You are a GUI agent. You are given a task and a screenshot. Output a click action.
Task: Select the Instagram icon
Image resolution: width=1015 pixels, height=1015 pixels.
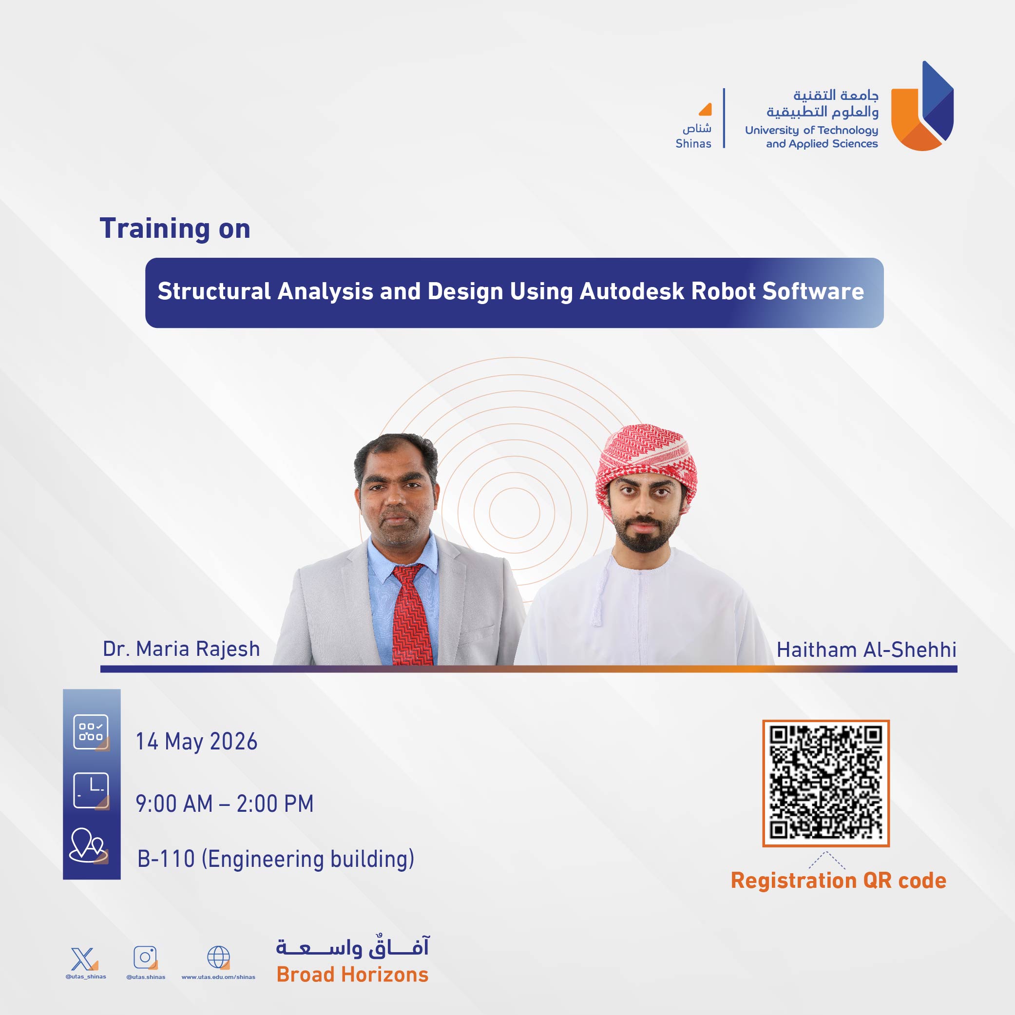[146, 957]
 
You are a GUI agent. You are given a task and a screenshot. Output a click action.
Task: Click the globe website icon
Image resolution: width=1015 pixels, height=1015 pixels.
[219, 957]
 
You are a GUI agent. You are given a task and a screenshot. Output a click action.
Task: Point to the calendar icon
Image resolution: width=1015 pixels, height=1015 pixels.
[91, 732]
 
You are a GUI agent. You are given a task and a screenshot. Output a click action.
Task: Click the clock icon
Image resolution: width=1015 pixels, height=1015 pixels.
[91, 791]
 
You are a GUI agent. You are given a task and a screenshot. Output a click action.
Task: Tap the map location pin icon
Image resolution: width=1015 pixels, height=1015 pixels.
[89, 846]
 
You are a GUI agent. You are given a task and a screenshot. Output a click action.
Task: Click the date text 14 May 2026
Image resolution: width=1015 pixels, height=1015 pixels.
[196, 741]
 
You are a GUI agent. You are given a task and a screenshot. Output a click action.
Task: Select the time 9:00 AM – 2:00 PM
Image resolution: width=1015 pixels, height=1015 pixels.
[224, 804]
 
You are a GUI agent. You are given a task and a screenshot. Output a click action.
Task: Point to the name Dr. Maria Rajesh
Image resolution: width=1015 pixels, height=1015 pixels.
[181, 649]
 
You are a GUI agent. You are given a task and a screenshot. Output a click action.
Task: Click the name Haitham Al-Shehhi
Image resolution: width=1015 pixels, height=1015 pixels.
[866, 650]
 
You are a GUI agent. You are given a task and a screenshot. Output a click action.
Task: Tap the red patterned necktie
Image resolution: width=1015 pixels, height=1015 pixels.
[413, 614]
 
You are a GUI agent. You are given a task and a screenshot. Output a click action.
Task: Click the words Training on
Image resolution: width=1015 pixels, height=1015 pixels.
[175, 229]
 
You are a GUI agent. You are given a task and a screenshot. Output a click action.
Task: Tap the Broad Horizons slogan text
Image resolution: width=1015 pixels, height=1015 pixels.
[352, 975]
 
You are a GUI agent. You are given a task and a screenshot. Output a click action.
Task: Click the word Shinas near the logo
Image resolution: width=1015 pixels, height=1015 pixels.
[693, 143]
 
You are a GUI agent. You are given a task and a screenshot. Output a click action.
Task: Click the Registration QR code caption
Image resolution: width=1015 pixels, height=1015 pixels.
[839, 881]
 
